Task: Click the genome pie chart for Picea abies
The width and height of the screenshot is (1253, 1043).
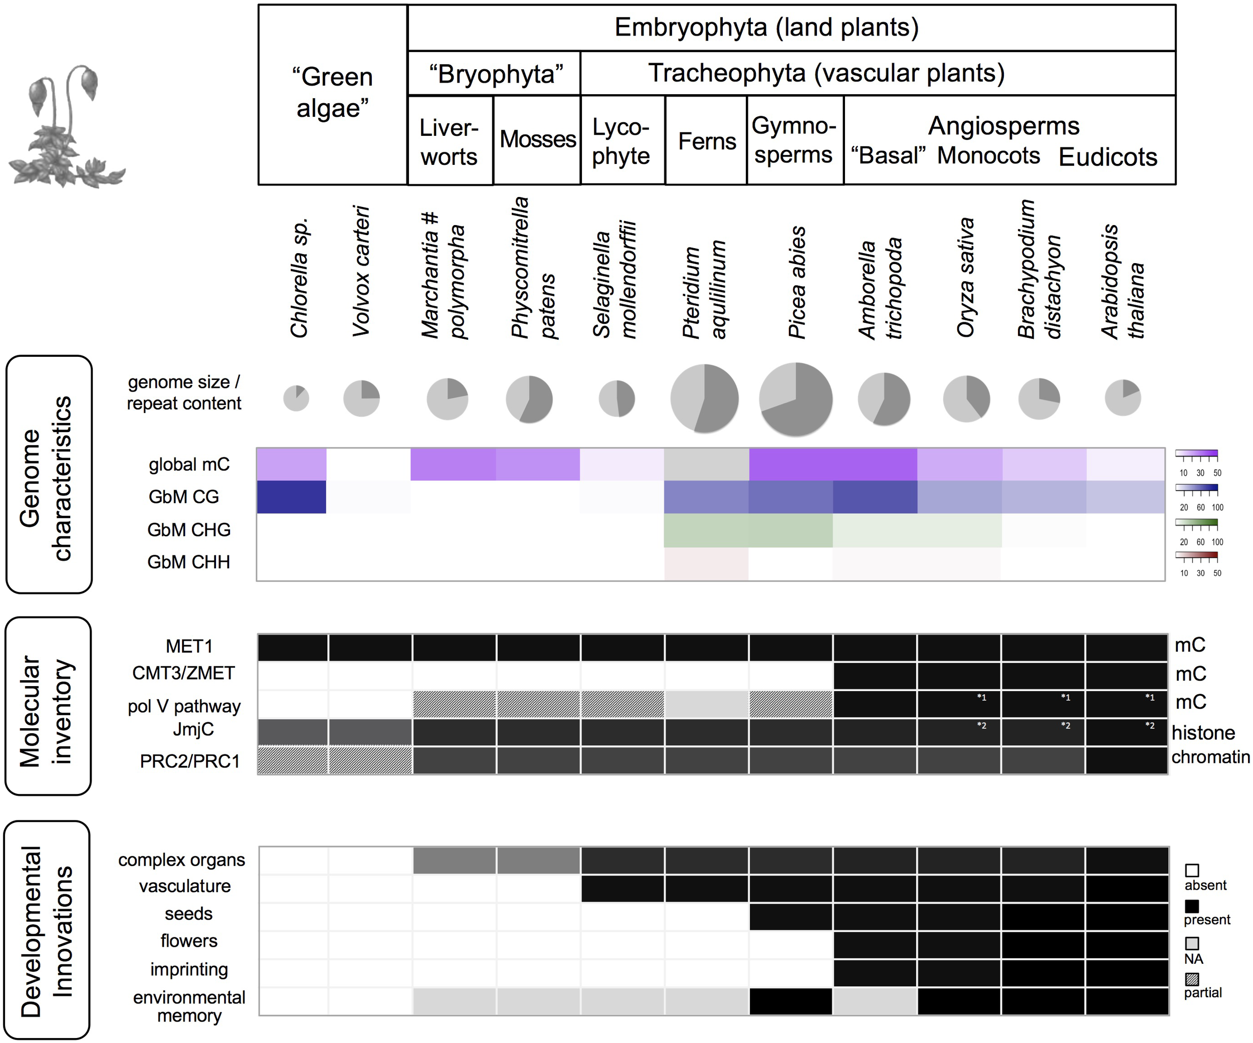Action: pyautogui.click(x=795, y=398)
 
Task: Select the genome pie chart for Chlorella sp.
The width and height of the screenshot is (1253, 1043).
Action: pyautogui.click(x=296, y=398)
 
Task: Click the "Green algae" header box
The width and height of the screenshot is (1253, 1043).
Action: pyautogui.click(x=332, y=94)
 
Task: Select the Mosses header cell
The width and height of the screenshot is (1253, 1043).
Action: pyautogui.click(x=537, y=140)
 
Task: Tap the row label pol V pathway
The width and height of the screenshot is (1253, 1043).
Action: pyautogui.click(x=184, y=707)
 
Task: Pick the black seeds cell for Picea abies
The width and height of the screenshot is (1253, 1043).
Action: pyautogui.click(x=790, y=917)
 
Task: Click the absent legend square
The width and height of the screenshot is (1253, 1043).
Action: pyautogui.click(x=1191, y=871)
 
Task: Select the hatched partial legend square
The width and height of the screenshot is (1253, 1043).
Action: pyautogui.click(x=1191, y=979)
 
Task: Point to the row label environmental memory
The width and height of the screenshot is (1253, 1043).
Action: pyautogui.click(x=188, y=1006)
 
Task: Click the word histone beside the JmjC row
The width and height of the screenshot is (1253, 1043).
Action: pyautogui.click(x=1203, y=732)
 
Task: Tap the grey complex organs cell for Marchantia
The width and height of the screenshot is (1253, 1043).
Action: pyautogui.click(x=454, y=861)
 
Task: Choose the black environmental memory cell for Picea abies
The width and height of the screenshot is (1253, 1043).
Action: pyautogui.click(x=790, y=1001)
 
